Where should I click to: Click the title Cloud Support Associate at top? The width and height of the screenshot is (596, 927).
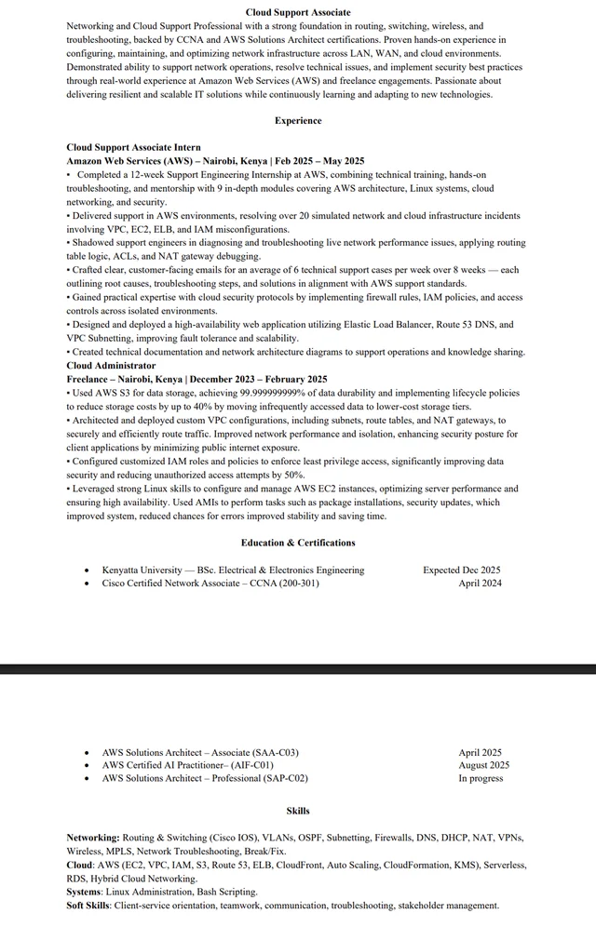click(298, 12)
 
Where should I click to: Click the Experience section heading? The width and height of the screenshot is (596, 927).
click(298, 121)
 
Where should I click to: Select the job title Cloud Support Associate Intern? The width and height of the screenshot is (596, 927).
click(133, 147)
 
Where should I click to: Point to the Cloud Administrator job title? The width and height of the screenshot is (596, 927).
click(111, 366)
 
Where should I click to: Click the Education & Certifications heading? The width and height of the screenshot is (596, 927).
click(298, 543)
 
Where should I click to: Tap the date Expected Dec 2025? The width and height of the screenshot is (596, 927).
click(461, 570)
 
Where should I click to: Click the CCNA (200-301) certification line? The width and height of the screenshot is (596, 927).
click(210, 584)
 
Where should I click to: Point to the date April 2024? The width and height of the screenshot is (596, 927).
click(480, 584)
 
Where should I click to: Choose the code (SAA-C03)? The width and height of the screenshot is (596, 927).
click(266, 752)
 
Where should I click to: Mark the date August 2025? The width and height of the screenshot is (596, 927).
click(483, 765)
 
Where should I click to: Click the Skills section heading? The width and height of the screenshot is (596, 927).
click(298, 811)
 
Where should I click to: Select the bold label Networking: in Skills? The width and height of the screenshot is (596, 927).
click(92, 838)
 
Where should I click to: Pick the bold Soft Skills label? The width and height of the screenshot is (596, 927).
click(88, 905)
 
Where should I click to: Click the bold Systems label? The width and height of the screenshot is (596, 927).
click(84, 892)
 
